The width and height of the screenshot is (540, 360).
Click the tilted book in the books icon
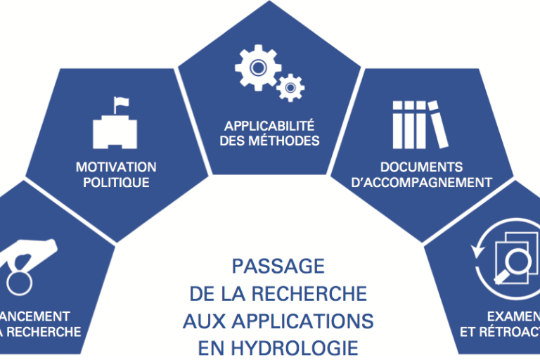(x=439, y=123)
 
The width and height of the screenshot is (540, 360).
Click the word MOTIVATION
(x=116, y=167)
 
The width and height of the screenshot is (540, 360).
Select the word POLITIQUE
(x=116, y=183)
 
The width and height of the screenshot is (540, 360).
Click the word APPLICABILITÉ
(x=269, y=127)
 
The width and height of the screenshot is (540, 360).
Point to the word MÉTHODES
(x=290, y=141)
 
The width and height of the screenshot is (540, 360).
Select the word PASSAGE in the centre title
(x=278, y=266)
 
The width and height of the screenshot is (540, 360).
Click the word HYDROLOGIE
(x=309, y=348)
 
